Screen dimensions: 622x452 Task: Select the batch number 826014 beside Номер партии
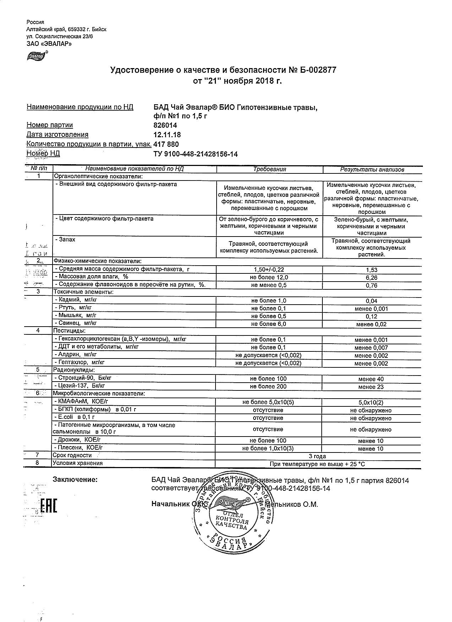click(x=165, y=125)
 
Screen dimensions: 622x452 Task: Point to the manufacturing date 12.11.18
click(x=167, y=135)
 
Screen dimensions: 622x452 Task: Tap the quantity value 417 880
click(x=166, y=144)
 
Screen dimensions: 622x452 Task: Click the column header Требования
click(x=269, y=170)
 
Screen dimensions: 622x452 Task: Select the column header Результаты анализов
click(x=372, y=170)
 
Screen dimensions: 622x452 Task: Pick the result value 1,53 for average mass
click(x=371, y=270)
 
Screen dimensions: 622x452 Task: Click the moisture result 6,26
click(x=371, y=278)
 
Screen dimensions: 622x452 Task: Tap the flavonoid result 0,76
click(x=371, y=286)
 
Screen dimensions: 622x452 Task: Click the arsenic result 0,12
click(x=371, y=317)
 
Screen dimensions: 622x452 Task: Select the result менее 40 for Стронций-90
click(x=371, y=379)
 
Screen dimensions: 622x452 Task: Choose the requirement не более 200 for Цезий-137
click(x=268, y=387)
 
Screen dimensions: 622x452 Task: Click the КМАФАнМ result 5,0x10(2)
click(x=371, y=402)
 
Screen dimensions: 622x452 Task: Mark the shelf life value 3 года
click(x=318, y=456)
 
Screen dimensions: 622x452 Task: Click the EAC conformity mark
click(x=49, y=506)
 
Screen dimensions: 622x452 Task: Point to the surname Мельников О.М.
click(x=292, y=504)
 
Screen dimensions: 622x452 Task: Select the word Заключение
click(x=75, y=480)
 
